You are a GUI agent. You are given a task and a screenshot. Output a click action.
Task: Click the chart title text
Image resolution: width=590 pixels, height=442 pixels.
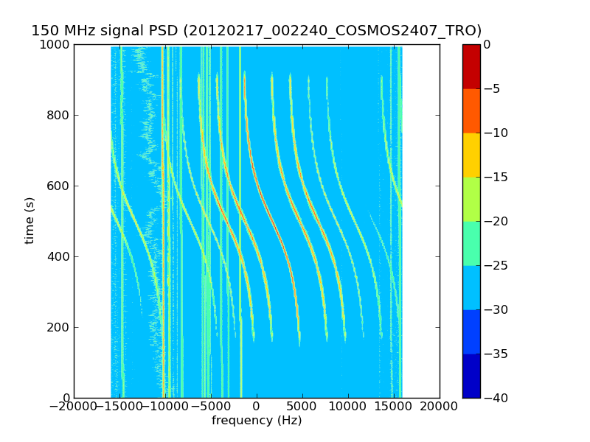257,31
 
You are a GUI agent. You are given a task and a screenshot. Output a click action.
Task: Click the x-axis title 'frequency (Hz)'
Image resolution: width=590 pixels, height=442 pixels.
257,421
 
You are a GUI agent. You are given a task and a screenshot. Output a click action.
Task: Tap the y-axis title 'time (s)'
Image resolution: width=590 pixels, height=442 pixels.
30,220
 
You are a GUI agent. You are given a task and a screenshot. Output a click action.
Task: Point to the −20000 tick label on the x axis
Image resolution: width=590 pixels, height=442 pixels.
74,407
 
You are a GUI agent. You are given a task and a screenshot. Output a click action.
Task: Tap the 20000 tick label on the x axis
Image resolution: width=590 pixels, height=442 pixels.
440,407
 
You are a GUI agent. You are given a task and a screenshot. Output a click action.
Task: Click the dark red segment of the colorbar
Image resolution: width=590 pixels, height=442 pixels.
471,66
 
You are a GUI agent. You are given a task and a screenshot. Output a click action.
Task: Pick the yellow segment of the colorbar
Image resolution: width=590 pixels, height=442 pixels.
471,155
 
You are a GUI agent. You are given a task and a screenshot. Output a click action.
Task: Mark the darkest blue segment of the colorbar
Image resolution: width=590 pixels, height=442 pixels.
471,376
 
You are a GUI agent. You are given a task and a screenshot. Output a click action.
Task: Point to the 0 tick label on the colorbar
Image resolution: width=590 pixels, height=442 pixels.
487,45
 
